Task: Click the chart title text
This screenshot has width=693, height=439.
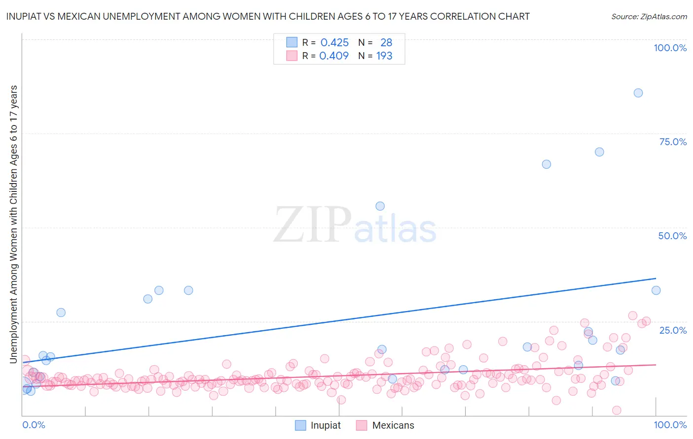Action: click(x=268, y=16)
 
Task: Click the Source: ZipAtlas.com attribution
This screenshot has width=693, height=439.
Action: click(x=649, y=16)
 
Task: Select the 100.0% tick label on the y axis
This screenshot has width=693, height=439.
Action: click(x=670, y=48)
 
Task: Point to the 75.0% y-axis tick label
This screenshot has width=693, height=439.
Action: click(x=673, y=142)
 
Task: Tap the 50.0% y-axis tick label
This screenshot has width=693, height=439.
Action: click(x=672, y=236)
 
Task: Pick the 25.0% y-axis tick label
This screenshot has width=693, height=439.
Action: click(x=673, y=330)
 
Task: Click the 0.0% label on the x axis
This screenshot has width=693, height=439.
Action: click(x=34, y=425)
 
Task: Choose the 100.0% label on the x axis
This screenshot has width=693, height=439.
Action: click(x=670, y=425)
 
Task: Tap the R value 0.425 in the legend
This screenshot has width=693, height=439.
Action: click(x=335, y=43)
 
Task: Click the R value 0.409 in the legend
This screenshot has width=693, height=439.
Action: click(x=334, y=56)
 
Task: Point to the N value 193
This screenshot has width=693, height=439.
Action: click(x=384, y=56)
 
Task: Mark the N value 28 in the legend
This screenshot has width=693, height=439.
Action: click(x=386, y=43)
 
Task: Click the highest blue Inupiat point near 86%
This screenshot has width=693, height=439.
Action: click(x=638, y=93)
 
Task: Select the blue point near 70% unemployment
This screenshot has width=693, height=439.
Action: click(x=599, y=152)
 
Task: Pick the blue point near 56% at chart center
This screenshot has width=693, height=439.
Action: click(x=380, y=206)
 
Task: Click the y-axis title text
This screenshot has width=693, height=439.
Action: click(x=14, y=224)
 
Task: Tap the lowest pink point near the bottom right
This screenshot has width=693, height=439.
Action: click(x=616, y=410)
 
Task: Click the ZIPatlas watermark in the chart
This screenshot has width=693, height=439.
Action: click(x=355, y=225)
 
